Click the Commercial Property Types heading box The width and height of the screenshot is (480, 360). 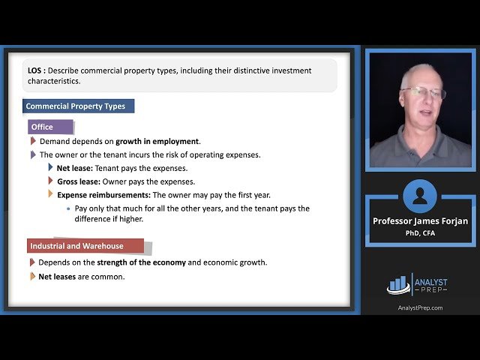click(x=78, y=106)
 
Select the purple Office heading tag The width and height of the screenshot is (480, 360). click(x=50, y=127)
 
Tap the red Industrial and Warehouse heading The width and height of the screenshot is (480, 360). click(x=85, y=246)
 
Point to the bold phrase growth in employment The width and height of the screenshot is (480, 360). click(x=157, y=141)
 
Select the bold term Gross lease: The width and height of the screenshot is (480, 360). click(x=78, y=181)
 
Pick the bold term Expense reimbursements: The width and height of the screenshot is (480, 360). click(x=103, y=195)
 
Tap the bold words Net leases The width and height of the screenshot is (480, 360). click(x=58, y=276)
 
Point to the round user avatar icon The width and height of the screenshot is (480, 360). click(x=420, y=196)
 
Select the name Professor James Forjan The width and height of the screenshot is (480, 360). click(x=419, y=221)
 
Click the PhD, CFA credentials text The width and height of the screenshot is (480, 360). click(x=419, y=233)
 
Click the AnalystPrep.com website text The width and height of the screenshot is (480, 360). click(x=420, y=307)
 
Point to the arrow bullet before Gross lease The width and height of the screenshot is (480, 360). click(x=50, y=181)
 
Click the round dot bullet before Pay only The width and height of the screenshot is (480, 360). click(x=68, y=208)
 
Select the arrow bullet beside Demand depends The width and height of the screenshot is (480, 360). click(x=33, y=141)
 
